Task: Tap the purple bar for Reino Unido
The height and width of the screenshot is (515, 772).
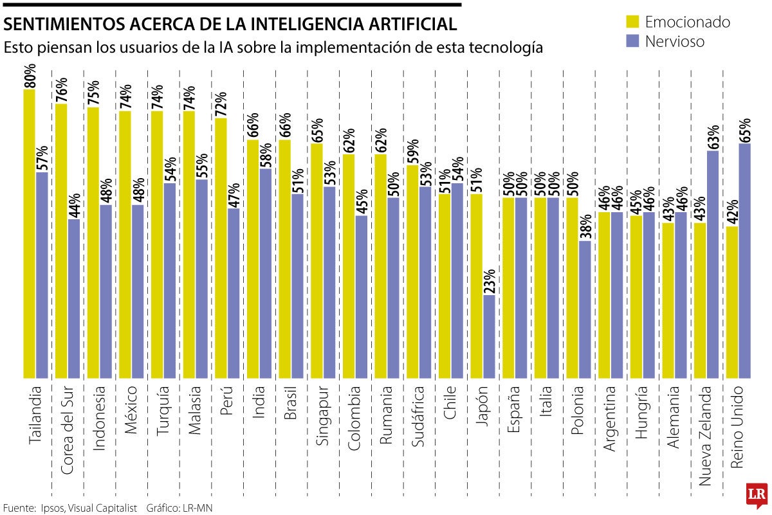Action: click(x=744, y=260)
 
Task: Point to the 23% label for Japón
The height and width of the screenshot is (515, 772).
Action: click(x=490, y=281)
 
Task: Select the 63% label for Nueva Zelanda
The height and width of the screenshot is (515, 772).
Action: click(x=713, y=137)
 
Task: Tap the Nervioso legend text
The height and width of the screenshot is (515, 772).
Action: click(x=675, y=41)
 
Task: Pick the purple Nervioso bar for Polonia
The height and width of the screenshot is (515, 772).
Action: click(x=584, y=309)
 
